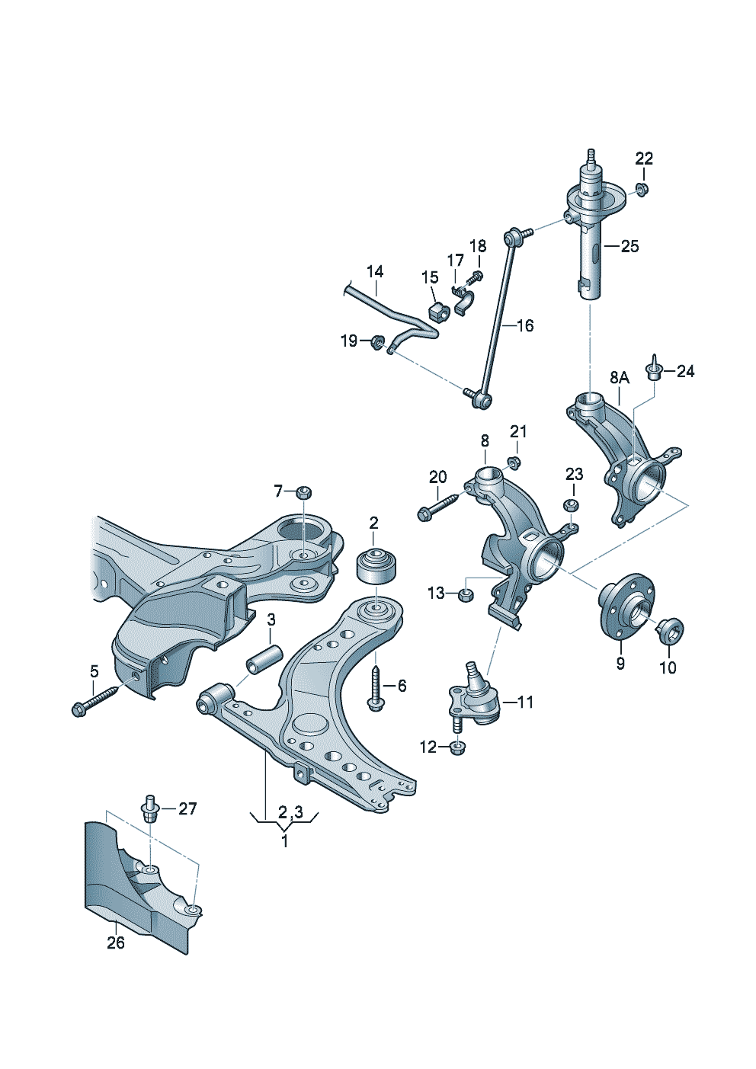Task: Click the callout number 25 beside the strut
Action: (629, 246)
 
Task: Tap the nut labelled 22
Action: (642, 189)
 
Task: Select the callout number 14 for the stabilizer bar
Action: (374, 272)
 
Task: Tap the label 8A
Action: (620, 377)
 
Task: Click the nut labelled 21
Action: (514, 462)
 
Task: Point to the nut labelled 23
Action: (571, 505)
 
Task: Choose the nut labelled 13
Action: (466, 594)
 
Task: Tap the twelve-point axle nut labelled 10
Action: (671, 630)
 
